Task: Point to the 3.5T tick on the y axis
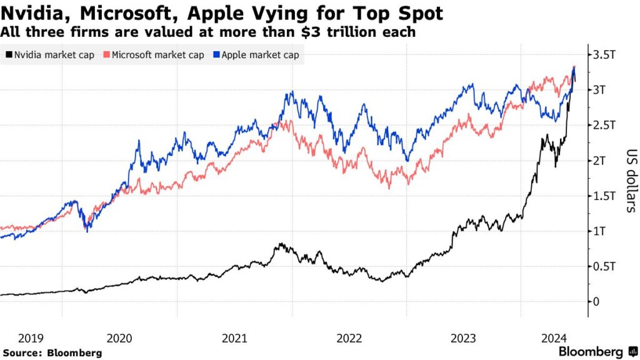(x=604, y=55)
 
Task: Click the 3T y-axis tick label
(x=601, y=90)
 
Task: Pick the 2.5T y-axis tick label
(x=604, y=126)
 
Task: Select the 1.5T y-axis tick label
(x=604, y=196)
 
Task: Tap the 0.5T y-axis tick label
(x=604, y=267)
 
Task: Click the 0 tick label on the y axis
(x=596, y=302)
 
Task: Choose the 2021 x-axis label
(x=234, y=338)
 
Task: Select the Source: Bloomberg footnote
(x=52, y=353)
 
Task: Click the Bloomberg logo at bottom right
(x=597, y=352)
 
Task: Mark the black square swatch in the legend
(x=7, y=55)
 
